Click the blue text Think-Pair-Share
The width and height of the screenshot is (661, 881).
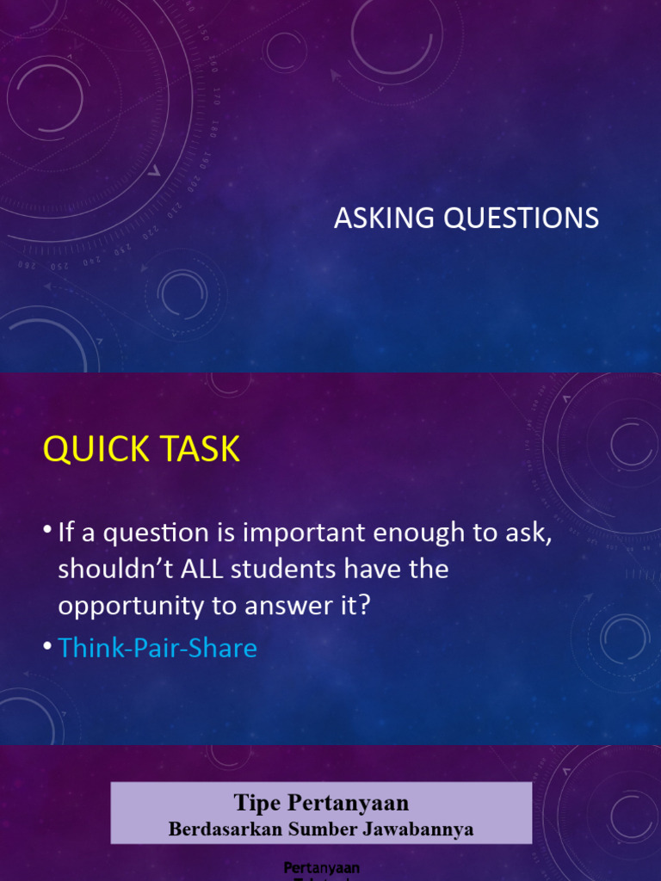point(158,647)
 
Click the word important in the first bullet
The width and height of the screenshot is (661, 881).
point(306,533)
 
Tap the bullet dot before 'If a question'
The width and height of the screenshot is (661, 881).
point(47,532)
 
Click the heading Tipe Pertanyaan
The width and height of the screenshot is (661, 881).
point(321,804)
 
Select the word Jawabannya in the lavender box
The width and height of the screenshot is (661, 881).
point(423,829)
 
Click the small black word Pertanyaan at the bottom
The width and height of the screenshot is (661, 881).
point(322,867)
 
